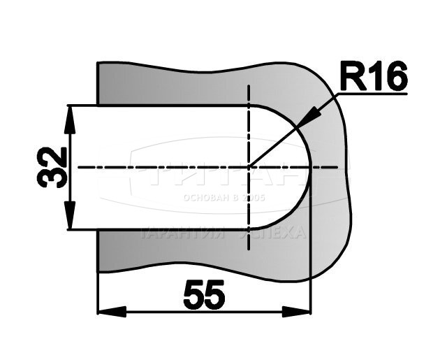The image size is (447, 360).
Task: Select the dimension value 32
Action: [53, 166]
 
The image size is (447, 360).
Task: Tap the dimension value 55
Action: [204, 296]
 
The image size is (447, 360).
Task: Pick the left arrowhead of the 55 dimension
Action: [106, 310]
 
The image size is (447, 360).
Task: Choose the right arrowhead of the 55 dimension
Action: [300, 310]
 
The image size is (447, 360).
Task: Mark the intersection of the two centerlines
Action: [249, 167]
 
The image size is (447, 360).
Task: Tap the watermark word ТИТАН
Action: [223, 175]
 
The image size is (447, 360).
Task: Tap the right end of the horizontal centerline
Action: [341, 167]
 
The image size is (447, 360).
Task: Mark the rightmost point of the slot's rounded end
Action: [311, 167]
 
